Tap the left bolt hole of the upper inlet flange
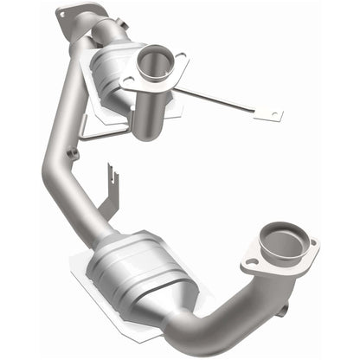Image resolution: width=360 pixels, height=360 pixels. coord(128,82)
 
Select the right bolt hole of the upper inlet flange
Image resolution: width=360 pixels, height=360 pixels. coord(183,60)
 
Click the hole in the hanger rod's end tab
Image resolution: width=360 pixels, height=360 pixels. coord(275,114)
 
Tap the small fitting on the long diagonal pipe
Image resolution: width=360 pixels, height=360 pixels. coord(73,154)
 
